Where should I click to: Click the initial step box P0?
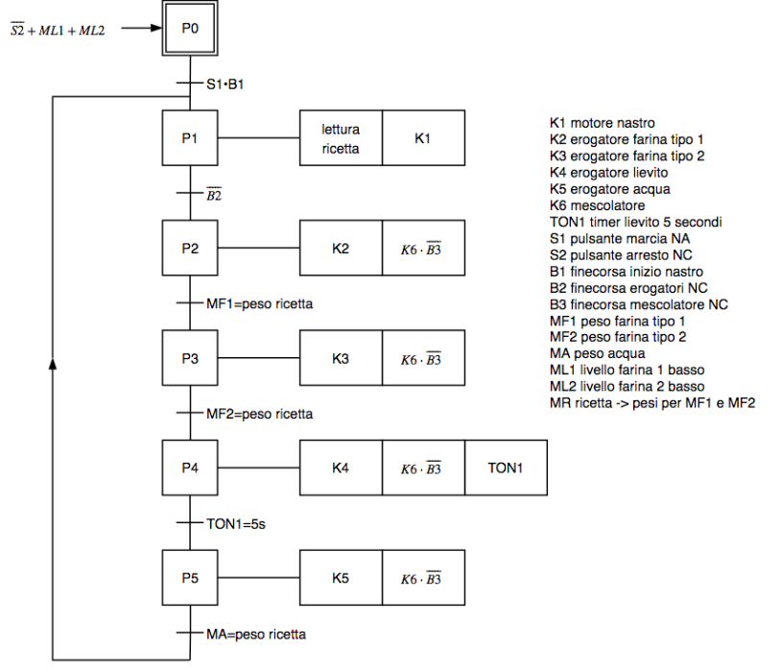click(190, 29)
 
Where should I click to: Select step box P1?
click(190, 139)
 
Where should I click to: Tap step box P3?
click(190, 359)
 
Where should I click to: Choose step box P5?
click(190, 578)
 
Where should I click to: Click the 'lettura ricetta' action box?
click(342, 139)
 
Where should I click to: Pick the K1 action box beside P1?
click(423, 139)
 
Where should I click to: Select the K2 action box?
click(342, 249)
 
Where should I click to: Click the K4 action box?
click(342, 468)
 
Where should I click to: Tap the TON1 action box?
click(506, 468)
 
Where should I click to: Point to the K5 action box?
click(342, 578)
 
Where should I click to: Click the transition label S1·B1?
click(226, 84)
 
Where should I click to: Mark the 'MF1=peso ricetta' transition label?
click(259, 304)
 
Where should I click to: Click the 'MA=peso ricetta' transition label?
click(256, 635)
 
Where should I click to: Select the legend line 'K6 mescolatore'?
click(597, 205)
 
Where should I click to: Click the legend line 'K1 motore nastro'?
click(602, 123)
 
